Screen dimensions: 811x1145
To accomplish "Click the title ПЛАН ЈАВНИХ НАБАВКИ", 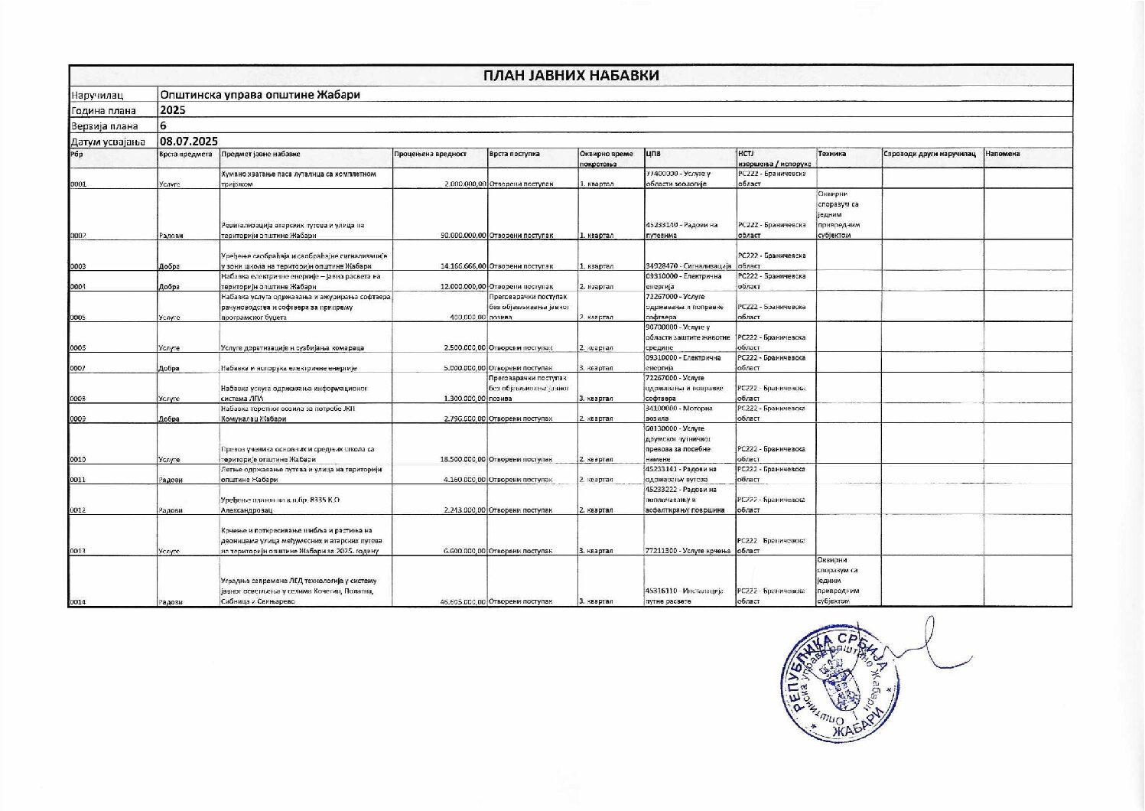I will (571, 75).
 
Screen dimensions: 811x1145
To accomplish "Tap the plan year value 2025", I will (173, 110).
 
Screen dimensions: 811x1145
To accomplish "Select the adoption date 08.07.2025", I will (189, 141).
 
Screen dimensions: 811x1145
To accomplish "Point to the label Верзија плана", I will (105, 126).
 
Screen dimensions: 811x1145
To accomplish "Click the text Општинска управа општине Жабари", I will (260, 95).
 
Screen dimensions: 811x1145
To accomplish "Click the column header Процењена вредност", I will (430, 155).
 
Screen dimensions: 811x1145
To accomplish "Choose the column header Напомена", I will (1003, 155).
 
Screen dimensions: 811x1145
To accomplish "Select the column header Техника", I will (831, 155).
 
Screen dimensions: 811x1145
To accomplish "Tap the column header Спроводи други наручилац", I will (929, 155).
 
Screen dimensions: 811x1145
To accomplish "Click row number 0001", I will (78, 184).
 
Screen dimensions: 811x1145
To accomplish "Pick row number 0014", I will (78, 602).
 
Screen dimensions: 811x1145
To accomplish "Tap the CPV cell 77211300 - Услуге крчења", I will (688, 551).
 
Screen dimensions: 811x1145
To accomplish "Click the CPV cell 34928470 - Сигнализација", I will (688, 266).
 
